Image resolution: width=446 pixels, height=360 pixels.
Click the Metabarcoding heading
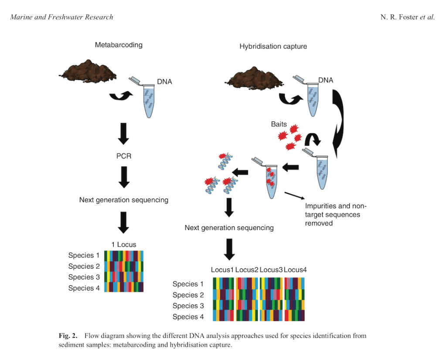[119, 45]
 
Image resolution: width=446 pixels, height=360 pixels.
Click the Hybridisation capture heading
[273, 46]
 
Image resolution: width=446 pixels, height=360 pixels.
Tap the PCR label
[124, 156]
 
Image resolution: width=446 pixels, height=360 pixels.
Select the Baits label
[279, 124]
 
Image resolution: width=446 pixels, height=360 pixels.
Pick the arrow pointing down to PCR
[124, 134]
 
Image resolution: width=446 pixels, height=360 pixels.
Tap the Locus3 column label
[271, 270]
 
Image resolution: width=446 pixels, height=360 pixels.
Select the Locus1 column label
[222, 270]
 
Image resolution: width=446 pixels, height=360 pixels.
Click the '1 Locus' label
[124, 244]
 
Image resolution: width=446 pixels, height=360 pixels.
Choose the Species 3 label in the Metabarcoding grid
[84, 277]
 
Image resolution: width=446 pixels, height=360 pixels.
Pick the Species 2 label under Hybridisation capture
[188, 295]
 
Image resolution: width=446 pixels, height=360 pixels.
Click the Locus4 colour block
[295, 300]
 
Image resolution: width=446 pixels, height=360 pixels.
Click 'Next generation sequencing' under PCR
[124, 200]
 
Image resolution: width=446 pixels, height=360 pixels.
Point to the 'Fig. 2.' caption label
[68, 336]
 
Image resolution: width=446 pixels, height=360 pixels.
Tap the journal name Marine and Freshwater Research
[61, 17]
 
